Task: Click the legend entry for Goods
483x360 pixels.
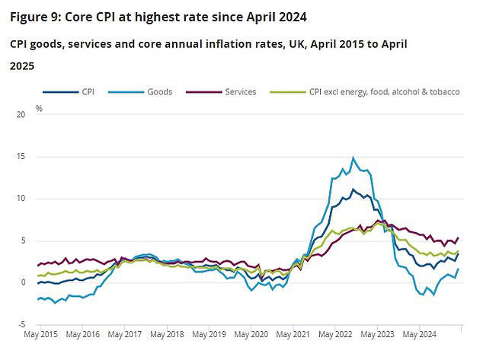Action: coord(158,92)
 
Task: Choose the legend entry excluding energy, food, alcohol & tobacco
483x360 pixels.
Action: coord(385,92)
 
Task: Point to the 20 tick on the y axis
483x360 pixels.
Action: coord(21,115)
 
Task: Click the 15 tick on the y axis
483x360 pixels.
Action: coord(21,157)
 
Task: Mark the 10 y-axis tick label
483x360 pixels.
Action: coord(21,199)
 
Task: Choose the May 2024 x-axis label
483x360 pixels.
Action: coord(418,334)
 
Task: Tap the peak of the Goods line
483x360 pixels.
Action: coord(353,158)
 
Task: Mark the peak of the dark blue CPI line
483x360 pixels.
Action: coord(353,189)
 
